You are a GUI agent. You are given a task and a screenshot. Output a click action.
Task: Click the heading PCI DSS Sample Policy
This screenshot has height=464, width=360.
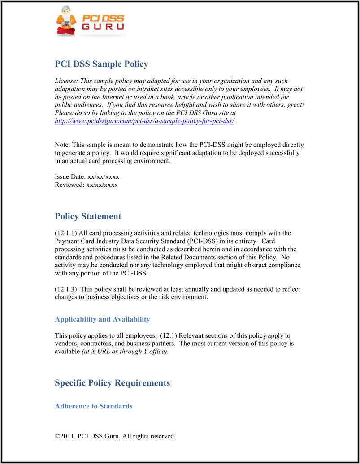(101, 64)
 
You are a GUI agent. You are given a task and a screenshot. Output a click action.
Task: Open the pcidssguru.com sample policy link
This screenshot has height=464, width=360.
(144, 121)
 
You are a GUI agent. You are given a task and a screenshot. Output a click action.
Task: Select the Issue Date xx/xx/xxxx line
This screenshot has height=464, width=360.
(87, 177)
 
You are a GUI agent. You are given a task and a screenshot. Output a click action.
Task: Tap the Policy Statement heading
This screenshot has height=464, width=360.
(88, 216)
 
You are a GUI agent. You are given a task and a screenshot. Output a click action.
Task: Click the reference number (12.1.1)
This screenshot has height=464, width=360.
(66, 233)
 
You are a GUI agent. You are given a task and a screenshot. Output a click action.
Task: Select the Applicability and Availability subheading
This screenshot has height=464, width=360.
(102, 319)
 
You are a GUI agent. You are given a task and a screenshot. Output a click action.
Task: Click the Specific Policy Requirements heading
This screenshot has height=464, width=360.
(112, 383)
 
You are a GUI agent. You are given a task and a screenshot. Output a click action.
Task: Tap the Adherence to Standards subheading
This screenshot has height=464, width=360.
(93, 406)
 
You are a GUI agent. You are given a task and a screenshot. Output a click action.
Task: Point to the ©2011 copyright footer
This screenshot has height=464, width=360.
(114, 436)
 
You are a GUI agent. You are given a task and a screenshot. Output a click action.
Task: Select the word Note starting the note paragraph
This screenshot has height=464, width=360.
(62, 145)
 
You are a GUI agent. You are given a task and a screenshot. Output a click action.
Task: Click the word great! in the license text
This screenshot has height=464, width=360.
(294, 105)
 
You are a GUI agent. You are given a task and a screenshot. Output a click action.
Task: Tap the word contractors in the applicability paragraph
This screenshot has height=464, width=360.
(99, 344)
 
